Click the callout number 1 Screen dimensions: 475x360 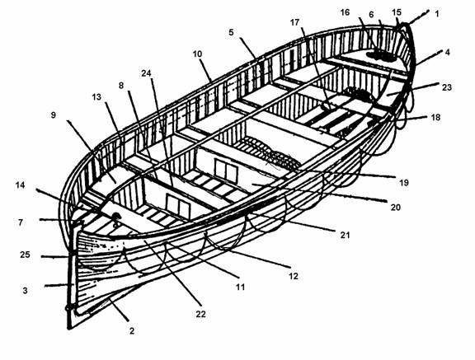436,14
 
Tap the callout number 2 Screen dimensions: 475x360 132,331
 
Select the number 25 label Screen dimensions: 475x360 25,255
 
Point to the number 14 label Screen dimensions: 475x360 20,185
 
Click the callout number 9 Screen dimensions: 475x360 54,115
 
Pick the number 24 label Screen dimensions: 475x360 146,73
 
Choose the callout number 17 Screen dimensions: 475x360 294,23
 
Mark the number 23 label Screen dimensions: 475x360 447,87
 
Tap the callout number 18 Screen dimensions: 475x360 435,117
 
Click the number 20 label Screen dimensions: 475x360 396,208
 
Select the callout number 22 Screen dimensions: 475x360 200,315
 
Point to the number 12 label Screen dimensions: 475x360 294,276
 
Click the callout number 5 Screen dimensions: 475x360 231,32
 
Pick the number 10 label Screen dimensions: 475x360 197,54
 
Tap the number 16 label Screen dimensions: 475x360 345,12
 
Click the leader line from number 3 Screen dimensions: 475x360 59,285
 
